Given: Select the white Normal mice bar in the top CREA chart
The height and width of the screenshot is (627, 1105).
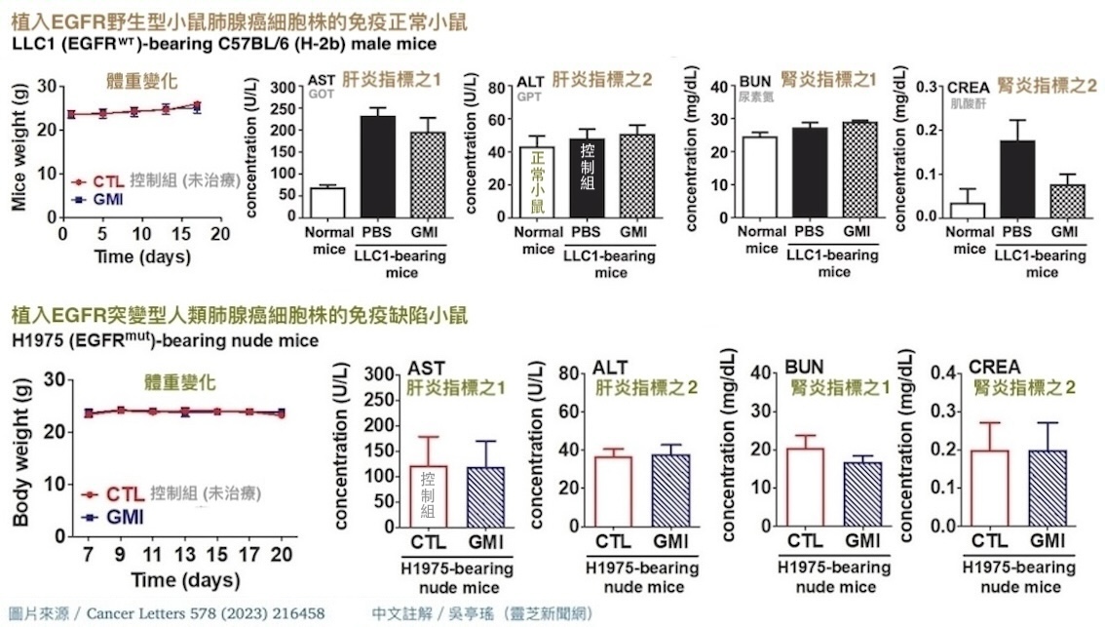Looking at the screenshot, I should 969,210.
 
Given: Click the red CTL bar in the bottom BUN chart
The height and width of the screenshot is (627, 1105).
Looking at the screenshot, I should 804,488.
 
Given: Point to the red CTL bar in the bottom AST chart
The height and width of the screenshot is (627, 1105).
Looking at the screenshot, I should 428,496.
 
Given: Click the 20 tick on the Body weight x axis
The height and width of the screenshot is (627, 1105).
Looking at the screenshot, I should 281,554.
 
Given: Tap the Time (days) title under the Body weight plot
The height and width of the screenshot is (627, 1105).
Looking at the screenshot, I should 185,580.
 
